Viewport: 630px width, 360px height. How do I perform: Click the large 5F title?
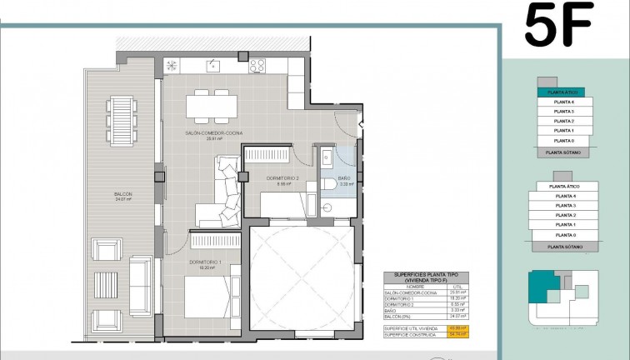(558, 26)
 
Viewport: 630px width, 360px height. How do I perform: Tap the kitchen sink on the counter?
(213, 65)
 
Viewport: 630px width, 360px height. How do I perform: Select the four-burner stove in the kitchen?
(257, 65)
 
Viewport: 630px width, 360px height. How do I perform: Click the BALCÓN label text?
(123, 194)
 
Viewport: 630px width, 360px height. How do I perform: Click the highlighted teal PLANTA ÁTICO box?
(560, 92)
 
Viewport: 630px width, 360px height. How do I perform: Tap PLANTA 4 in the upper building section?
(563, 102)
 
